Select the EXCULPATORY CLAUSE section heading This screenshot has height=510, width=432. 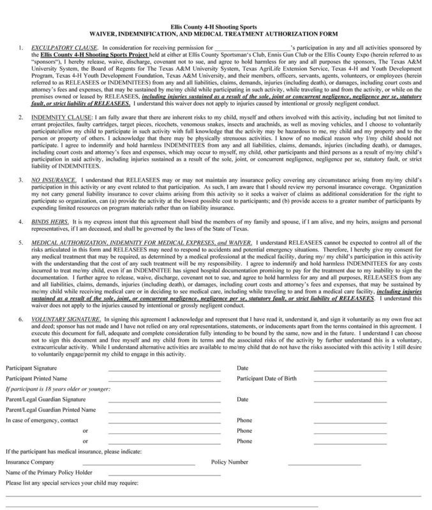(x=54, y=47)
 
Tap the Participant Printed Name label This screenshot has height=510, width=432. (x=33, y=379)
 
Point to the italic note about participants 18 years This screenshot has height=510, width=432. (x=49, y=389)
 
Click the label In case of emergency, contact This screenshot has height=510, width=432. (x=41, y=420)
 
